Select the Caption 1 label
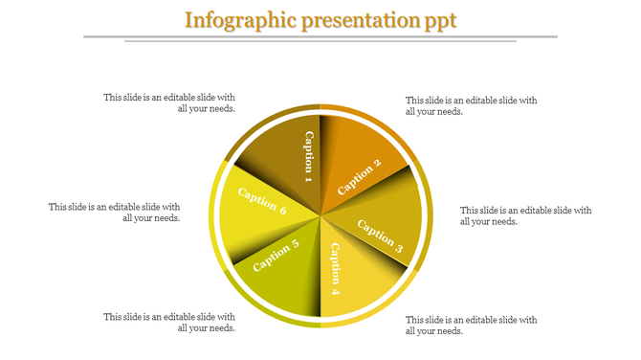309,155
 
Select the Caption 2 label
360,175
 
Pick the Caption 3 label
380,236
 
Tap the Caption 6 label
262,202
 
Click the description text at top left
169,102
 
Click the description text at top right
471,105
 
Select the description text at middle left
115,212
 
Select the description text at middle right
525,215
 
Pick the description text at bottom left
169,322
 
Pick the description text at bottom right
471,325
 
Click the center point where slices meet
320,215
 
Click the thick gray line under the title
320,36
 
